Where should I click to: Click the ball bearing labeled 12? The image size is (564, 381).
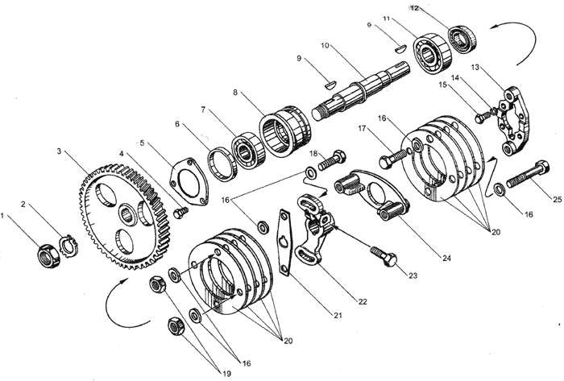(462, 37)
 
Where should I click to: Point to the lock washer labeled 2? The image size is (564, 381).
(66, 242)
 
